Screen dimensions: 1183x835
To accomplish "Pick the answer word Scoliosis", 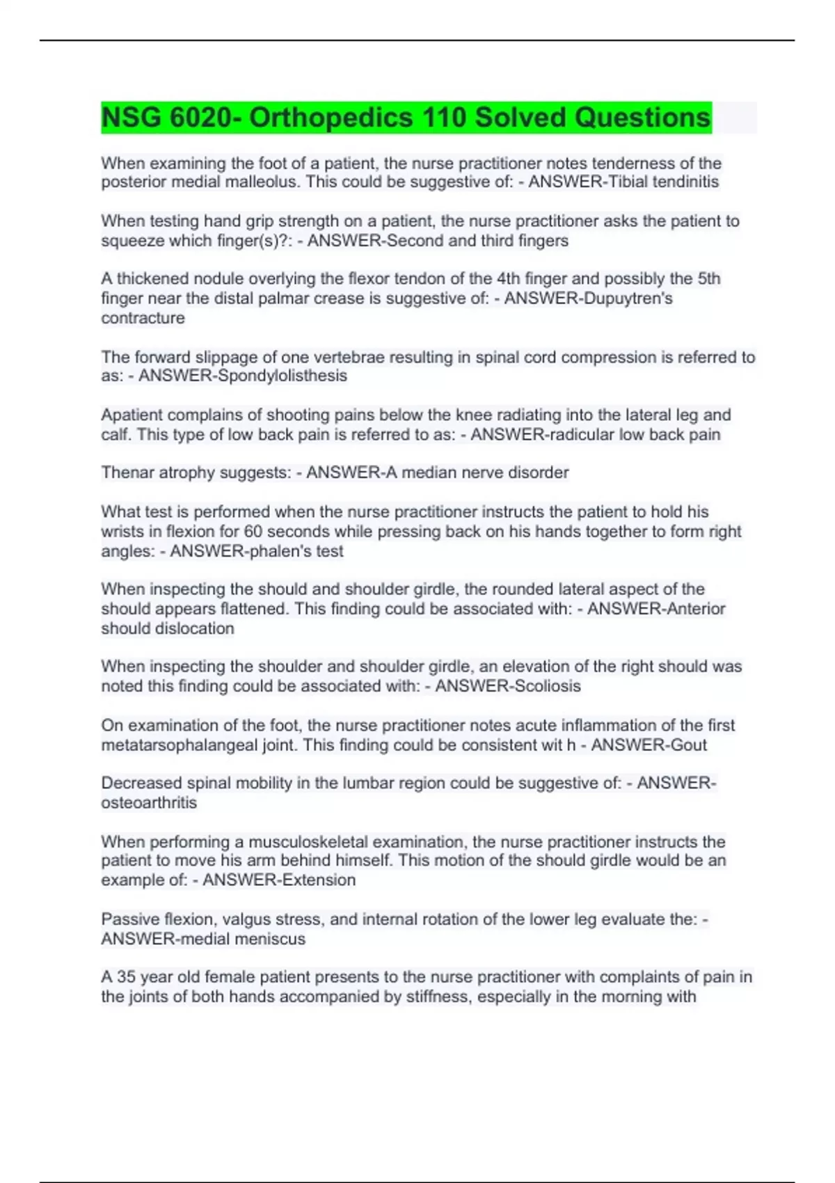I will (x=543, y=686).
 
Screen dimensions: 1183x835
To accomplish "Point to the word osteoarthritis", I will (x=149, y=803).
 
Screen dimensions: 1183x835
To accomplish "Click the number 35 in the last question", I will (x=126, y=977).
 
